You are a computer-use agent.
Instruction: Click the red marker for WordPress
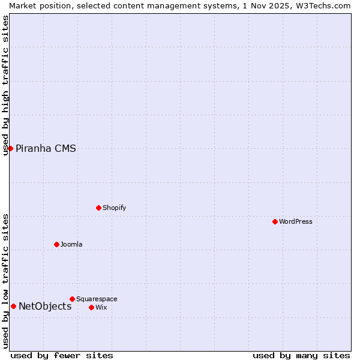(275, 221)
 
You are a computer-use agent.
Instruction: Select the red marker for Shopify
(98, 208)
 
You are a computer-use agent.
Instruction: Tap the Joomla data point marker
(56, 244)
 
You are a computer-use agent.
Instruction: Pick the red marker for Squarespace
(72, 299)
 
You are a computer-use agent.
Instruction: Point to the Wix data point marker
(91, 307)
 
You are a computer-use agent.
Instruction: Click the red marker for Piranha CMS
(10, 148)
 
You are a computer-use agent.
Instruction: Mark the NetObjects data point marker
(13, 306)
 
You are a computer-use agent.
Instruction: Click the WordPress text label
(296, 221)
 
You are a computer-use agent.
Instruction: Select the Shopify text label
(114, 208)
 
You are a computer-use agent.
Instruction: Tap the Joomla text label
(71, 244)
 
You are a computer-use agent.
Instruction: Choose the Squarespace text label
(97, 299)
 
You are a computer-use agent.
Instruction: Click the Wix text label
(101, 307)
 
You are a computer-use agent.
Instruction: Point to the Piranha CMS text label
(46, 149)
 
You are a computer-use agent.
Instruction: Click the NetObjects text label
(45, 307)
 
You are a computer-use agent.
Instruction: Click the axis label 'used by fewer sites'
(62, 355)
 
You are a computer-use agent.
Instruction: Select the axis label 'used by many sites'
(301, 355)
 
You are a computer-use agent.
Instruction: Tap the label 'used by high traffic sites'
(5, 85)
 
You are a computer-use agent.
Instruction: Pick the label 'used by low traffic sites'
(5, 281)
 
